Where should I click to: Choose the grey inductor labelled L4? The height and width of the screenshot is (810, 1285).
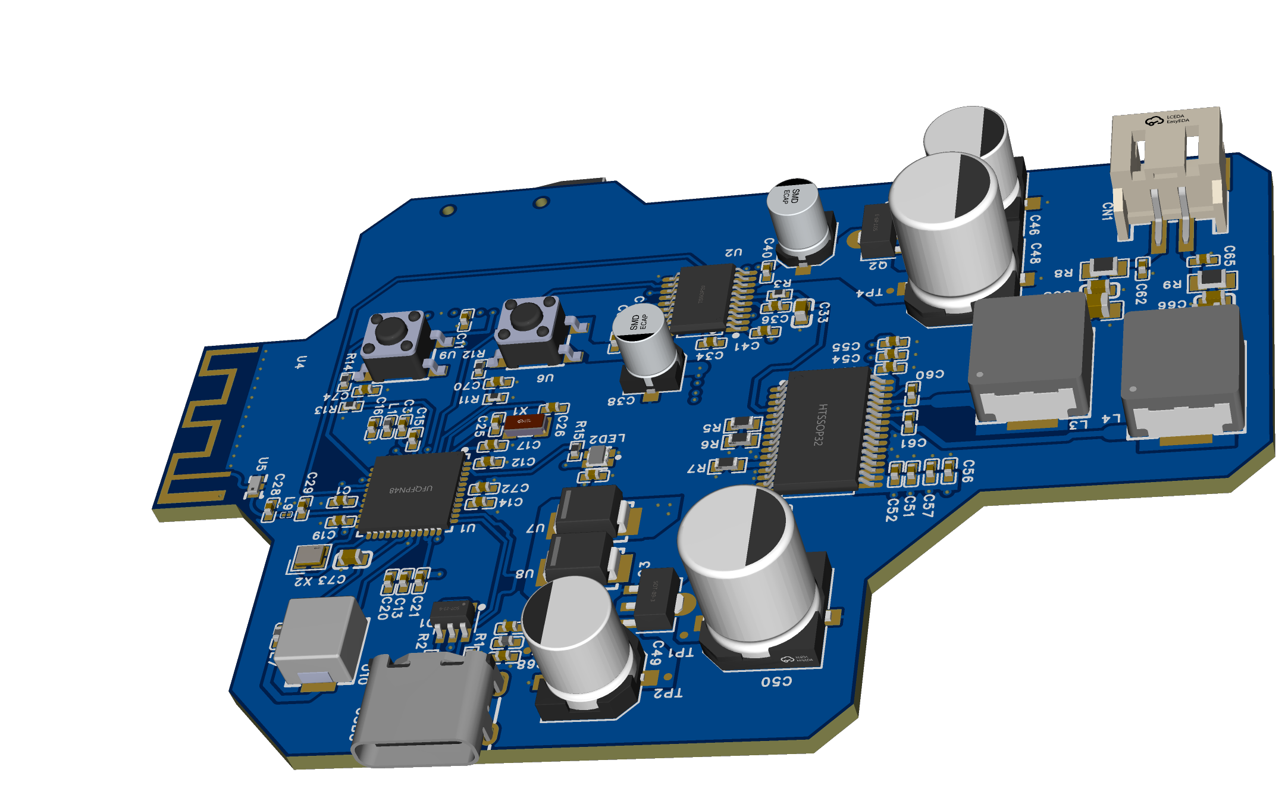click(1183, 372)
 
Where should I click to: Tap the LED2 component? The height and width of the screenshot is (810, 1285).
click(597, 457)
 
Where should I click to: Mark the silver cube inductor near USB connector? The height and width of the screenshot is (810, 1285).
click(321, 640)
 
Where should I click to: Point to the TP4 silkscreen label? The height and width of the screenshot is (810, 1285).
click(869, 293)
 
